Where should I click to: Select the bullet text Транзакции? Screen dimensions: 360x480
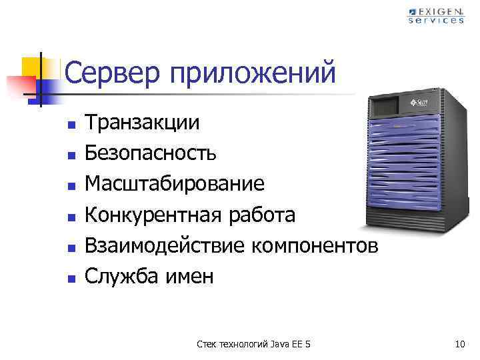point(142,123)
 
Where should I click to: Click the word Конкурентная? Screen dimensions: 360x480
point(151,215)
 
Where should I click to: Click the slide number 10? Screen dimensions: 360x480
point(459,344)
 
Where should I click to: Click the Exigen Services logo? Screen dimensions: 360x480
point(436,15)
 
